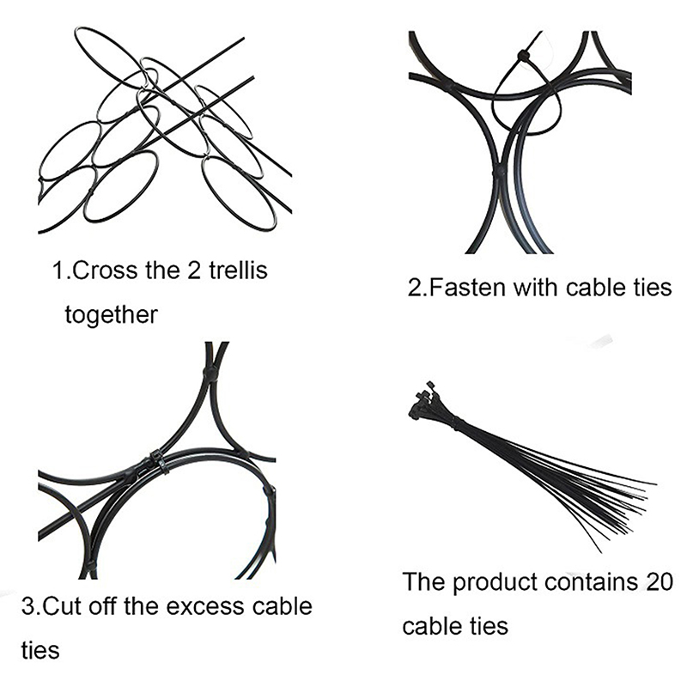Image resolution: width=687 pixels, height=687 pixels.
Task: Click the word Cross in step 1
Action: click(105, 271)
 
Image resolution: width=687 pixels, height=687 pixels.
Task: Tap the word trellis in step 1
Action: click(238, 270)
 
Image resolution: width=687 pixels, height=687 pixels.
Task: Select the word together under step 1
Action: click(112, 315)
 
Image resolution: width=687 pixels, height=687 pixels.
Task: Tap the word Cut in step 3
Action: click(63, 606)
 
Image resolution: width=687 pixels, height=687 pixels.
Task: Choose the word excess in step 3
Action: click(204, 607)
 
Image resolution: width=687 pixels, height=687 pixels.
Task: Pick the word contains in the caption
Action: click(592, 582)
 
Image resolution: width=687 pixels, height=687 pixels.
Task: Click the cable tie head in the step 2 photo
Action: click(523, 56)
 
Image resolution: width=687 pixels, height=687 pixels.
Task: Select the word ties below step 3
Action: click(40, 650)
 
